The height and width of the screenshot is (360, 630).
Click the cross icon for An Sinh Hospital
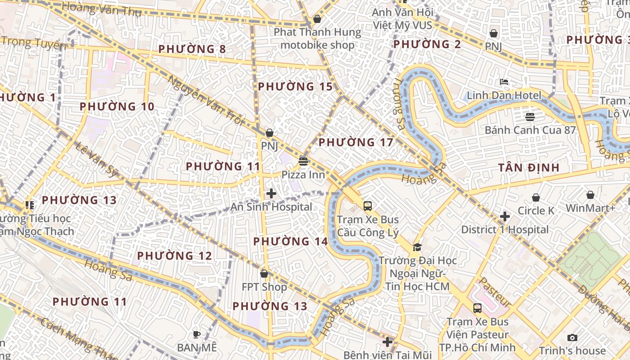pos(271,194)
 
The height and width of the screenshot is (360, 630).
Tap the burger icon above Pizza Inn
pos(303,162)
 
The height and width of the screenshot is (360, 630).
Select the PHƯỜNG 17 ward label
pos(356,143)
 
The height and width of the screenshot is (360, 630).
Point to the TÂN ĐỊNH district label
pos(529,168)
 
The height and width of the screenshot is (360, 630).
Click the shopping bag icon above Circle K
pos(535,198)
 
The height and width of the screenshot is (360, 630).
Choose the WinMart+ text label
pos(590,208)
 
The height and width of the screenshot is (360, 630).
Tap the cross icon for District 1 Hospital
pos(505,216)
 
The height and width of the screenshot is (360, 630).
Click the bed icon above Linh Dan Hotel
pos(504,82)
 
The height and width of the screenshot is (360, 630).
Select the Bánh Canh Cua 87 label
pos(530,130)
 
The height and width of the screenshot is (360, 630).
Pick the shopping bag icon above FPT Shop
pos(264,274)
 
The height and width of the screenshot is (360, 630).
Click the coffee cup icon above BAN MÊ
pos(196,334)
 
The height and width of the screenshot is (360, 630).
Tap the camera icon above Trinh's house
pos(572,337)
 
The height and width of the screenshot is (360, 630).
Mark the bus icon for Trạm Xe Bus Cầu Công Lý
pos(368,206)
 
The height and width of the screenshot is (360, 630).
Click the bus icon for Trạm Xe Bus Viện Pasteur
pos(477,308)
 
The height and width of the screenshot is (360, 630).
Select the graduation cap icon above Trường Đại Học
pos(417,247)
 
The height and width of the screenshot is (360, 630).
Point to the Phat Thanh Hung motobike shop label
pos(317,39)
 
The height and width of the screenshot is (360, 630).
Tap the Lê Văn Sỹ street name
pos(97,158)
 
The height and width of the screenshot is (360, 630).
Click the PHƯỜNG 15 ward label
pos(295,86)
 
